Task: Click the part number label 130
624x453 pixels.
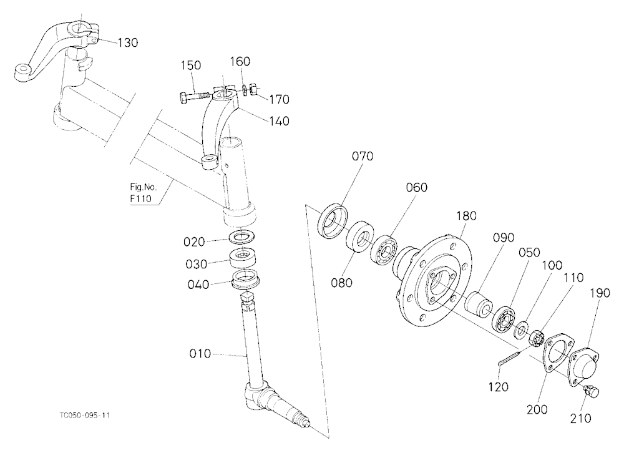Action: [x=128, y=42]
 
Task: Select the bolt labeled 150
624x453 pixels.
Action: [x=195, y=96]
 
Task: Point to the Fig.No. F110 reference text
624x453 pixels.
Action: [x=144, y=193]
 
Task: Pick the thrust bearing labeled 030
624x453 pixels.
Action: [x=244, y=258]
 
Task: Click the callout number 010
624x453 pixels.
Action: [x=200, y=354]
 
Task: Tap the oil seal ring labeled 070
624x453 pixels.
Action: [x=333, y=222]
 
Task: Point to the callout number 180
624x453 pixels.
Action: [x=466, y=216]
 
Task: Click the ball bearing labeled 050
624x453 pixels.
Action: [x=504, y=318]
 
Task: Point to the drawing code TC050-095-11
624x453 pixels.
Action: [x=84, y=416]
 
